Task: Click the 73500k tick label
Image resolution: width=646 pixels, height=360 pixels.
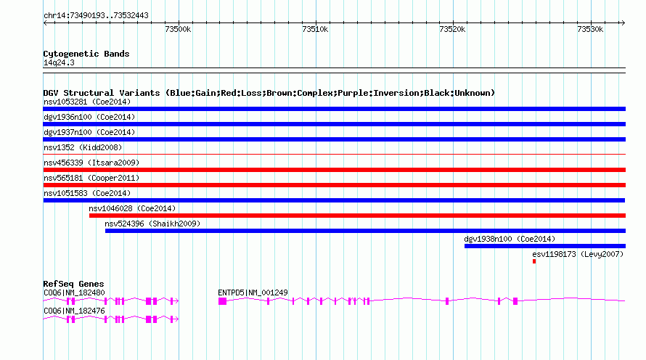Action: [178, 29]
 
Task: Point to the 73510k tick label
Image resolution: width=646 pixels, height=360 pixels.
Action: [315, 29]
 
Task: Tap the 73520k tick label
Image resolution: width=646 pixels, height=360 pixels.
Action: [452, 29]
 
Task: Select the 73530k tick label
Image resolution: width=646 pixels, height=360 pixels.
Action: [589, 29]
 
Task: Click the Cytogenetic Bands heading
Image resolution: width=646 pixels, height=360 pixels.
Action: [86, 54]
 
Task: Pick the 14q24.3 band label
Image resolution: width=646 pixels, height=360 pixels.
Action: [59, 62]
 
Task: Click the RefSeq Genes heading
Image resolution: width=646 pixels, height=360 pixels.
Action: [73, 284]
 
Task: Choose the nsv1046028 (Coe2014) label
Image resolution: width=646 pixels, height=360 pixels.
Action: [132, 208]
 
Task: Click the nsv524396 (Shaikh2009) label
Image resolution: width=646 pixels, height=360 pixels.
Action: [152, 224]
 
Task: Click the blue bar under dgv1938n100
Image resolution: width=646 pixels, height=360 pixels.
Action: [544, 246]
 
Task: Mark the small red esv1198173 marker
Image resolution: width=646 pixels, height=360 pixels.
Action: [534, 261]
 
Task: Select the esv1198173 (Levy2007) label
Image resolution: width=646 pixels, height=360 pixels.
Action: [578, 254]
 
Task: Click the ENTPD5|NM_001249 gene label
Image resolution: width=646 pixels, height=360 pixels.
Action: [253, 292]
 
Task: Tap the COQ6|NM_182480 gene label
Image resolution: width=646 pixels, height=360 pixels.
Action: [74, 292]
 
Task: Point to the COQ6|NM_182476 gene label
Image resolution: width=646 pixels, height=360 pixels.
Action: [74, 311]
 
